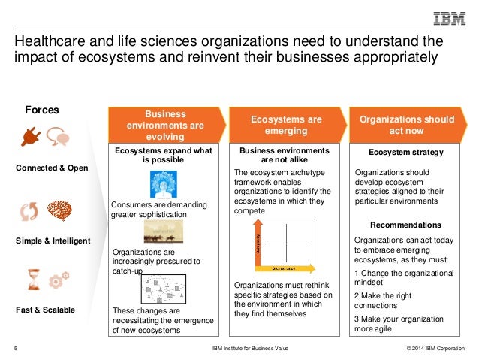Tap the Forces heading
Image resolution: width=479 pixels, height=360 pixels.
42,110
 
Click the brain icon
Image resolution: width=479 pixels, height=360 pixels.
61,212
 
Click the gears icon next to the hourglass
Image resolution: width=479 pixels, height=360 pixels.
58,282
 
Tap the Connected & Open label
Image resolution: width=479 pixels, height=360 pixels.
52,167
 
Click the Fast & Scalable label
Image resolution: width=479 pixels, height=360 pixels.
45,309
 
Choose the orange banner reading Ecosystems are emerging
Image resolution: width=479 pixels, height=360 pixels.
286,125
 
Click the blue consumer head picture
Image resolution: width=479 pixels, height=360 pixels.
164,184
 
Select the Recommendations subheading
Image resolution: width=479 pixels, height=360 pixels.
405,225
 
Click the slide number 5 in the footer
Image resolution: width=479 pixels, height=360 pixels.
16,348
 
